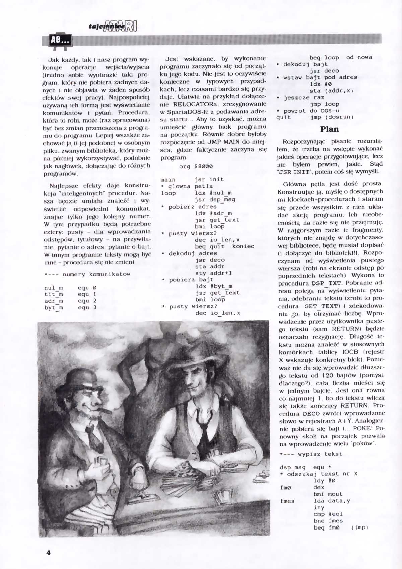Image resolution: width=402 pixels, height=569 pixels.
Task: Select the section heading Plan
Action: click(x=329, y=129)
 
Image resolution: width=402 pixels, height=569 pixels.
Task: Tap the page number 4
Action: click(x=48, y=552)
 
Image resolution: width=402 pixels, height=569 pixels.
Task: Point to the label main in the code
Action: click(x=168, y=180)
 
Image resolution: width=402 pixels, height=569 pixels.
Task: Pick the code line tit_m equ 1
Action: click(x=70, y=294)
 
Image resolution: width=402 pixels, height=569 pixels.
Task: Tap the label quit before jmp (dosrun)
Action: click(x=284, y=117)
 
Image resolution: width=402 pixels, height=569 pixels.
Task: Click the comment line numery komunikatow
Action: click(x=87, y=274)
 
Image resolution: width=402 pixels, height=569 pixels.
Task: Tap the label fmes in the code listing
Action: click(x=287, y=501)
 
